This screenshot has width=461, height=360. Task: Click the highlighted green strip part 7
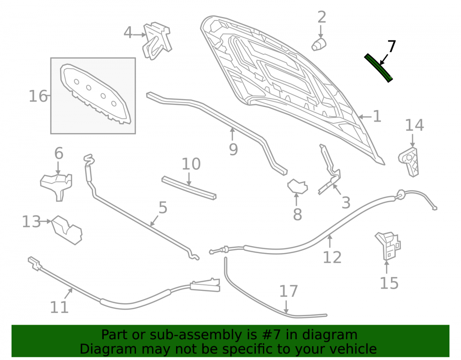coord(378,68)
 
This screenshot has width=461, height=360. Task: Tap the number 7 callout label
coord(391,47)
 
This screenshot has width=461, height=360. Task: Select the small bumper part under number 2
coord(319,44)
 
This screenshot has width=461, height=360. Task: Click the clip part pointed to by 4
coord(157,41)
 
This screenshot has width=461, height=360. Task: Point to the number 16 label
coord(38,96)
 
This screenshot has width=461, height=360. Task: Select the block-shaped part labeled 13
coord(67,230)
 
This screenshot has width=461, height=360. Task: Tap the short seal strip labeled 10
coord(189,188)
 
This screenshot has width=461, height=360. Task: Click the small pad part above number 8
coord(297,186)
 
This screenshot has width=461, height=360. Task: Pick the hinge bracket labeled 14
coord(409,161)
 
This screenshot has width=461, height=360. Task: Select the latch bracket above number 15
coord(388,246)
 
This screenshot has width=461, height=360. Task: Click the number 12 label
coord(332,257)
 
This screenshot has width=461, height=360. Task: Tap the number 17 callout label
coord(289,291)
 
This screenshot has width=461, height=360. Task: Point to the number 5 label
coord(163,207)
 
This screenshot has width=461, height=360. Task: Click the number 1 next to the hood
coord(377,117)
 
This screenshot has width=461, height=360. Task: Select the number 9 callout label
coord(233,150)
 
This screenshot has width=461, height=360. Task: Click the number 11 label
coord(59,307)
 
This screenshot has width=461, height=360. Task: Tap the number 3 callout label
coord(346,203)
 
